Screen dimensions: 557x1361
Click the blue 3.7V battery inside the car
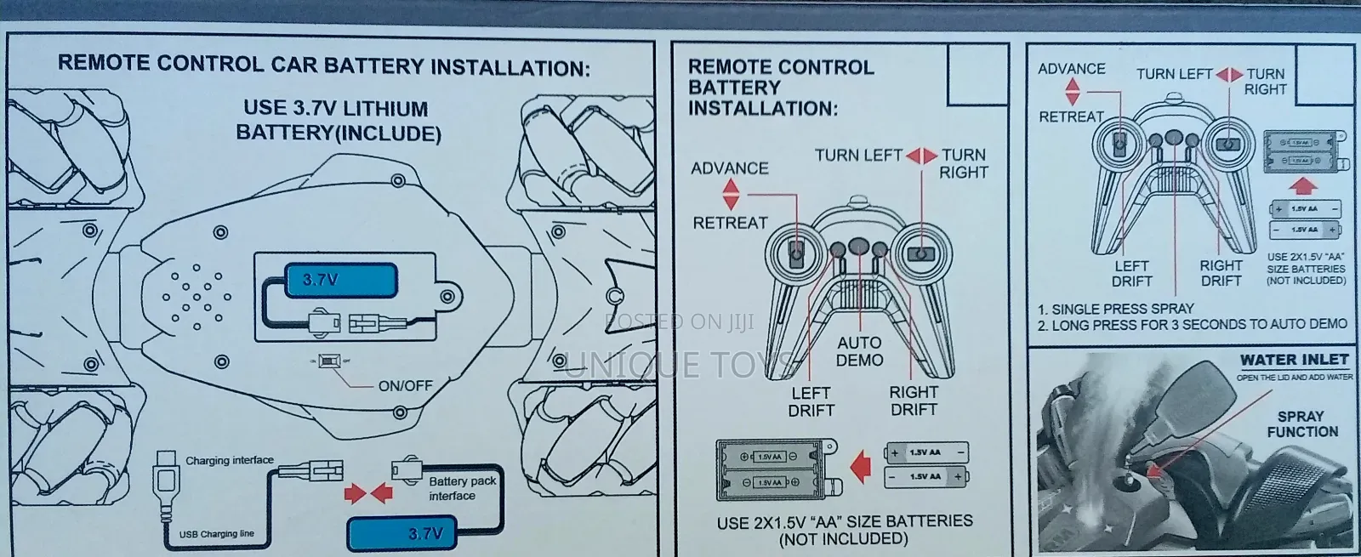tap(341, 280)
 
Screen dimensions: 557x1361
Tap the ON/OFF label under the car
tap(405, 385)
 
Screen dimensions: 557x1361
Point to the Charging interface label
tap(230, 460)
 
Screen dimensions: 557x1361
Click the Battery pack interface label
tap(462, 488)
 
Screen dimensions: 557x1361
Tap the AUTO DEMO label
tap(859, 350)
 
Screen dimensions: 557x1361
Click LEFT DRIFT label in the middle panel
tap(811, 401)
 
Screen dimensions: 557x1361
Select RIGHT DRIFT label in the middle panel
tap(914, 401)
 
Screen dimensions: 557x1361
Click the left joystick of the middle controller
tap(796, 253)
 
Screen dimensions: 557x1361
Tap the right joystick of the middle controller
tap(920, 253)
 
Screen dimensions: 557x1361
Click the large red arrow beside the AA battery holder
tap(862, 466)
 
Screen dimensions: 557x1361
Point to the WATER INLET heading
tap(1293, 360)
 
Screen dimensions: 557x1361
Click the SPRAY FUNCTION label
tap(1301, 423)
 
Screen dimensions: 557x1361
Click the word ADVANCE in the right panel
tap(1071, 69)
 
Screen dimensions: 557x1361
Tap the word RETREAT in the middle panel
tap(730, 223)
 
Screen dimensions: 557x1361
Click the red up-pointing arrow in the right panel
tap(1303, 185)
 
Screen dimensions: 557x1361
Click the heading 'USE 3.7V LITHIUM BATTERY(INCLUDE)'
tap(337, 120)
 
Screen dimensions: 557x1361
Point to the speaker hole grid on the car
tap(196, 298)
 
